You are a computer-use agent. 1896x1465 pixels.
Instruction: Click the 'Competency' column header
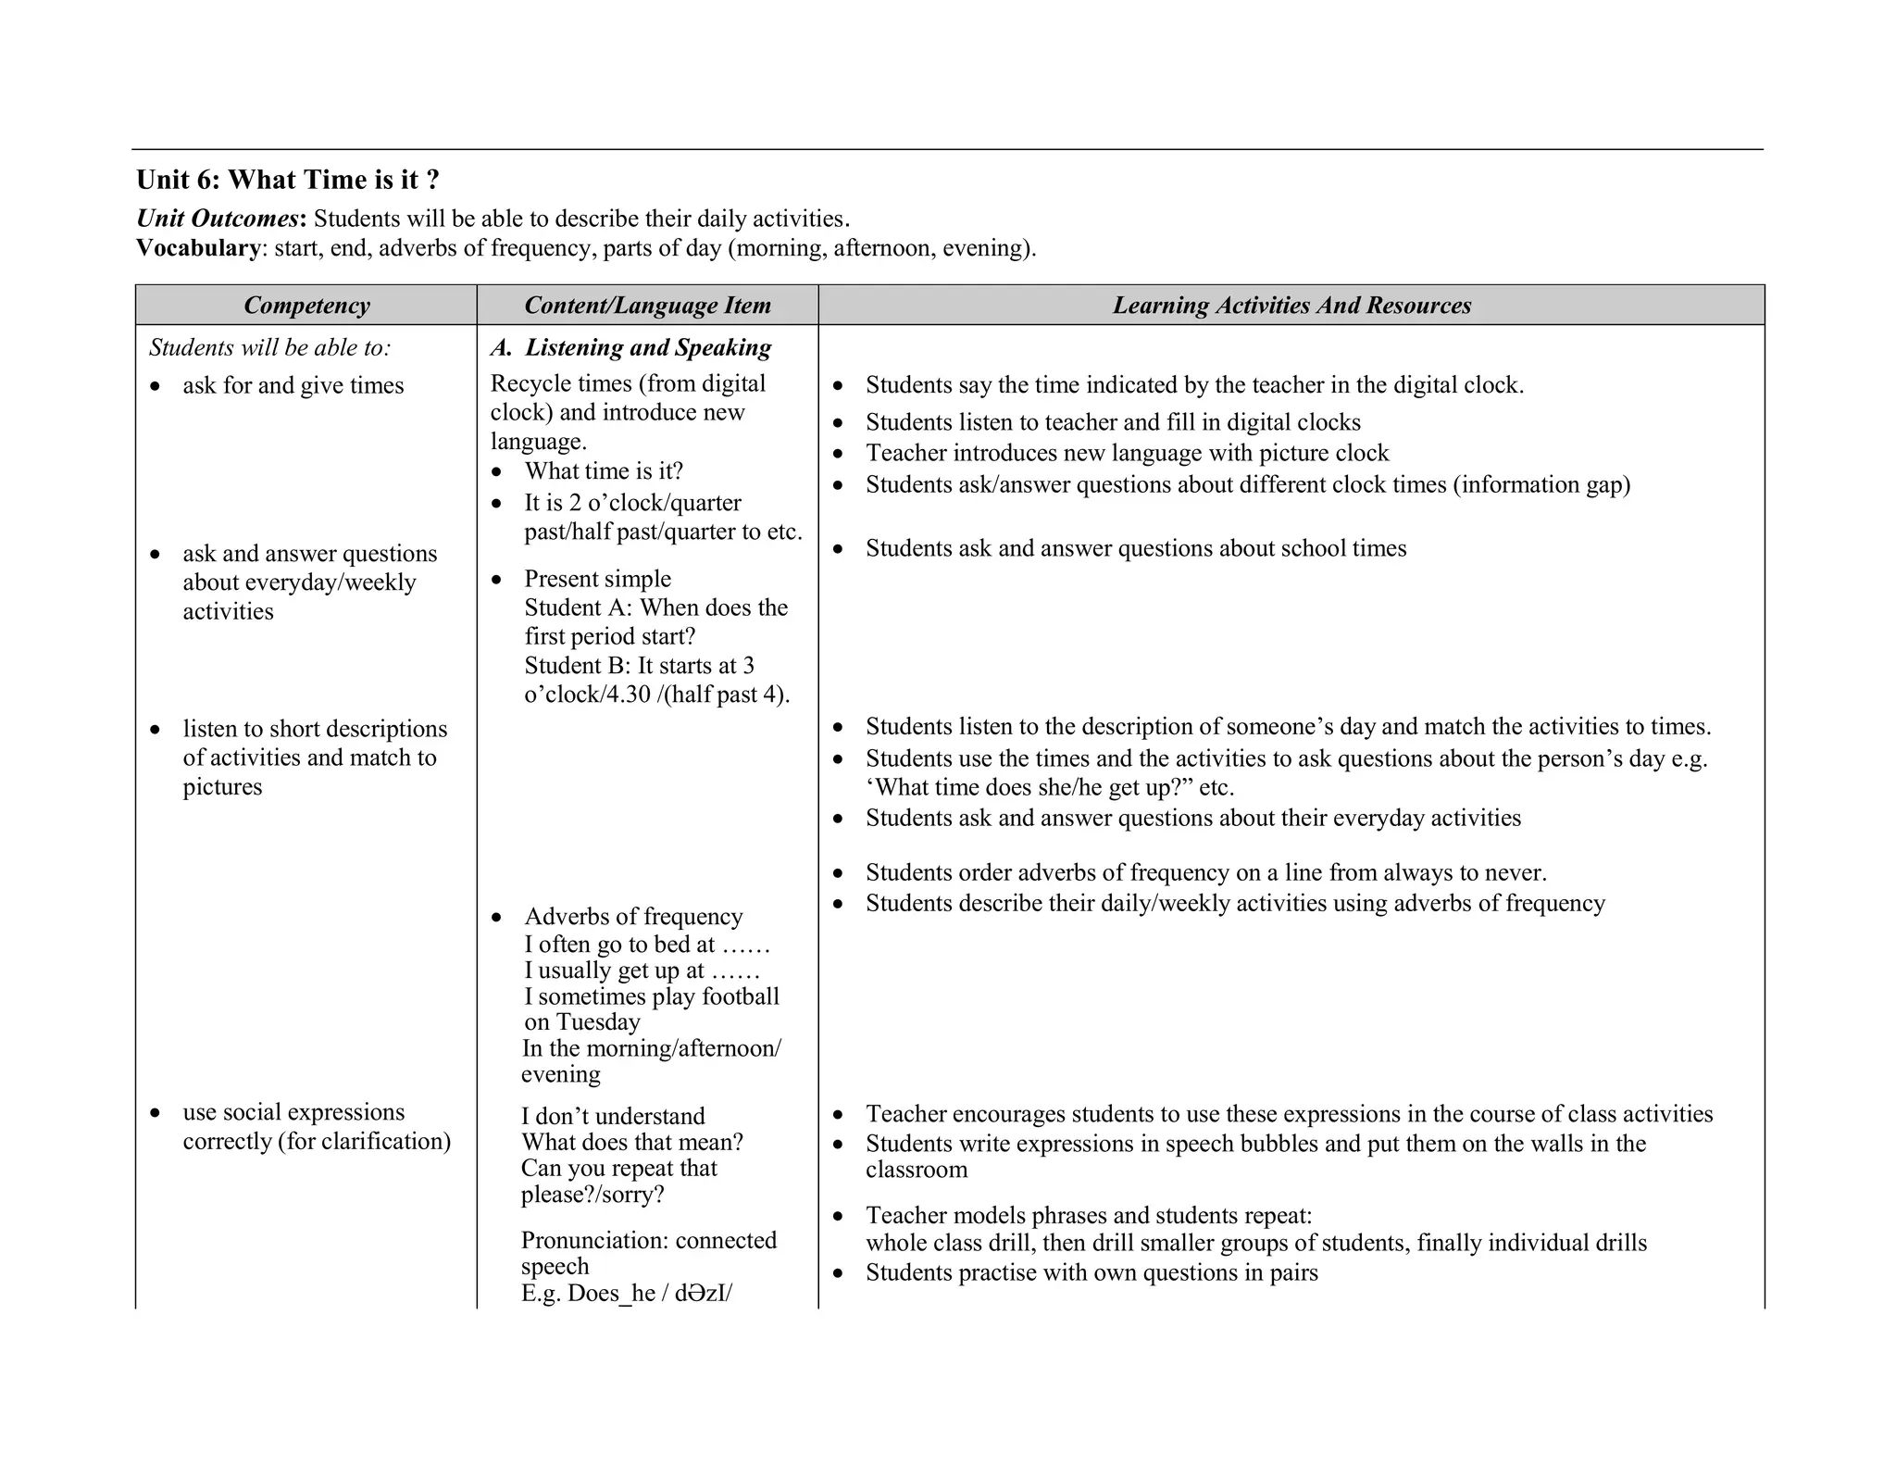306,306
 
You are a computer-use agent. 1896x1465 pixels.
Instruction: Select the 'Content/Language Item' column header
647,306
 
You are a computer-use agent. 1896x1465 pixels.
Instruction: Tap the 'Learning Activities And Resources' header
1291,306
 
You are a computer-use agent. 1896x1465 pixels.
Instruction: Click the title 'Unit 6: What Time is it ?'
288,180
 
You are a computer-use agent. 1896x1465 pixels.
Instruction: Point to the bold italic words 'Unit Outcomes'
218,219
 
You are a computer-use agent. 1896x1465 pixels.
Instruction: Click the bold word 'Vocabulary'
198,248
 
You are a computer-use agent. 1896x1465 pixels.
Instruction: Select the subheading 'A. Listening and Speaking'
631,347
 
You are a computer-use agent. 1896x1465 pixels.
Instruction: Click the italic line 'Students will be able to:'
270,347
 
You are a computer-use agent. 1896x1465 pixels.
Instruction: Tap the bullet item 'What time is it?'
604,471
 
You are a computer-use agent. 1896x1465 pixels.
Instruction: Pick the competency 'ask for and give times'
293,385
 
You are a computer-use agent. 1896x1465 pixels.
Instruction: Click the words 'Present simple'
597,579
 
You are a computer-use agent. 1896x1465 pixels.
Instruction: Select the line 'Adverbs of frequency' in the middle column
633,917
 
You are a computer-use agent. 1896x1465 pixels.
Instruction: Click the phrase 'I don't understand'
613,1116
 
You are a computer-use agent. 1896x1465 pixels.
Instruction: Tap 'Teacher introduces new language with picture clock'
1127,453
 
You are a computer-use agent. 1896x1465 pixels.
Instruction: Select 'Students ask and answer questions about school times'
1136,548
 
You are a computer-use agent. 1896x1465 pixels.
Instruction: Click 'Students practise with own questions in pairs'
1091,1273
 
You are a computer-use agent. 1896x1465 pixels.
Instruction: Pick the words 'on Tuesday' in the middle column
582,1022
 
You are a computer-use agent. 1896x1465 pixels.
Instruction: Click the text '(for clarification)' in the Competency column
364,1142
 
